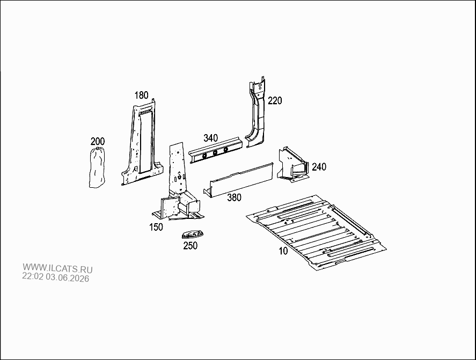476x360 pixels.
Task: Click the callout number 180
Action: [142, 95]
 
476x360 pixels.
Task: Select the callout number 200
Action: [98, 141]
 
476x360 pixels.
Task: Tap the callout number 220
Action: [275, 100]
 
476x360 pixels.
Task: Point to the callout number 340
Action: [210, 138]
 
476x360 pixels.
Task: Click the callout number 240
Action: [319, 167]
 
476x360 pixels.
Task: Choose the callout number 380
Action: [235, 197]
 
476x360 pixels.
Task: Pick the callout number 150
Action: [156, 227]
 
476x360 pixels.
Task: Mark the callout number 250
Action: [191, 245]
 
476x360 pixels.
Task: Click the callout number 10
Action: [283, 251]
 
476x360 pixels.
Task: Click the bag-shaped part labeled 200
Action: [97, 167]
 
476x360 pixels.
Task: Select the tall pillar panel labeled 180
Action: [143, 143]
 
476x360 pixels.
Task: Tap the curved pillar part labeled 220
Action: [256, 113]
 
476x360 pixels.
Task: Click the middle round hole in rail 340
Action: [215, 153]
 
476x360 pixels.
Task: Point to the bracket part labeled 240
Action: [293, 165]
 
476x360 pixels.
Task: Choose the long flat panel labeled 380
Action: [239, 180]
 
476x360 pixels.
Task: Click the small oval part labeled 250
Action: [193, 234]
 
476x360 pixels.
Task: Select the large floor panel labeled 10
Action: [316, 232]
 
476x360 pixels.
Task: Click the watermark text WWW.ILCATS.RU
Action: [57, 268]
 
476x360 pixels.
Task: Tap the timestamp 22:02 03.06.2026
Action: [56, 277]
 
